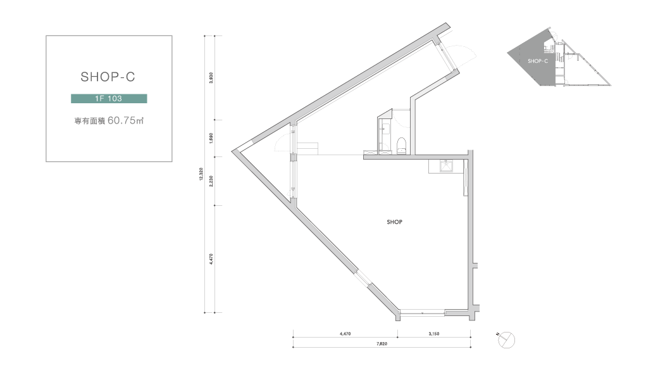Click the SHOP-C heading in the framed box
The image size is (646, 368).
[108, 77]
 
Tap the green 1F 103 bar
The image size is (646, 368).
[109, 99]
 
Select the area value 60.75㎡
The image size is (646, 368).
[126, 120]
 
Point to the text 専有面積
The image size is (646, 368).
[90, 121]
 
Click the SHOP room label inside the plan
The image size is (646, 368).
[394, 222]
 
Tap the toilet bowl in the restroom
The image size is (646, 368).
[401, 146]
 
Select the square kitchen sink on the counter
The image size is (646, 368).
[446, 166]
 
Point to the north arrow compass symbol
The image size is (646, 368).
[506, 340]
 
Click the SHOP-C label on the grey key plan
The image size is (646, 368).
[538, 61]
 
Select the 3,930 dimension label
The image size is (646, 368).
[211, 78]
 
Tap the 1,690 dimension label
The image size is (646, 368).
[211, 138]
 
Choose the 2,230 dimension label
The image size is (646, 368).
[211, 181]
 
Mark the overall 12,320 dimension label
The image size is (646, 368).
[201, 174]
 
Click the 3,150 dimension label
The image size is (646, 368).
[434, 334]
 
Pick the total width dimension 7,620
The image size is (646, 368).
[382, 343]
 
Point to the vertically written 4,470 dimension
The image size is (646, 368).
[211, 258]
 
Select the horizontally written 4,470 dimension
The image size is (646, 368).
[345, 334]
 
